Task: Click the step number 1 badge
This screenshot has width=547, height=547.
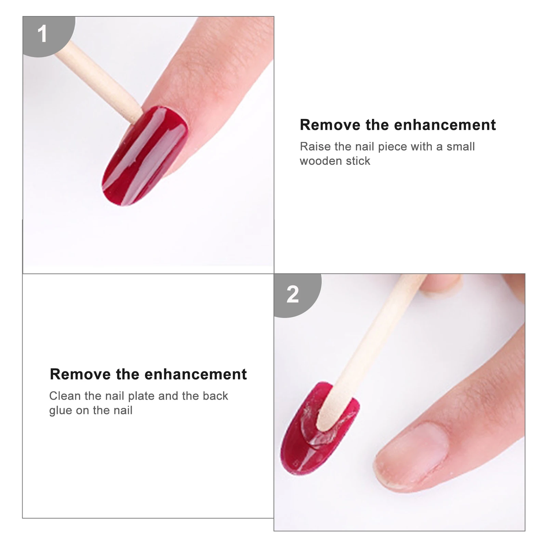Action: click(x=42, y=34)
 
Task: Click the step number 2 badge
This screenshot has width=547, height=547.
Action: click(x=293, y=294)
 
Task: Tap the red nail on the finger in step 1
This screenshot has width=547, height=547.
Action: click(x=145, y=156)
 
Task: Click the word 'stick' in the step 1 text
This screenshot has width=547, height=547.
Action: click(x=358, y=161)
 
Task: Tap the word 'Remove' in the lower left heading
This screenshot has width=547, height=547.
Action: click(x=80, y=374)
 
